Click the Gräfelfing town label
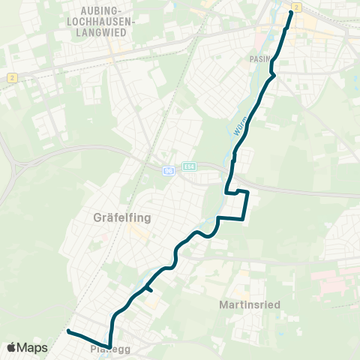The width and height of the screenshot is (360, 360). (x=121, y=218)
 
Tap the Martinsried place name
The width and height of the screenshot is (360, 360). (x=250, y=305)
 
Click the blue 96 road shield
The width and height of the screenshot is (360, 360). (x=169, y=171)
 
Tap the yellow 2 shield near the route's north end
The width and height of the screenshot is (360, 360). (x=296, y=7)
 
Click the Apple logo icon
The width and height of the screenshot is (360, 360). (x=10, y=348)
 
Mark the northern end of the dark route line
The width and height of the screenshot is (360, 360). (x=291, y=12)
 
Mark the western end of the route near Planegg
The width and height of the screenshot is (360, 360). (x=68, y=331)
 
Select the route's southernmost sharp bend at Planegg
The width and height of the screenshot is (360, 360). (x=109, y=347)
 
